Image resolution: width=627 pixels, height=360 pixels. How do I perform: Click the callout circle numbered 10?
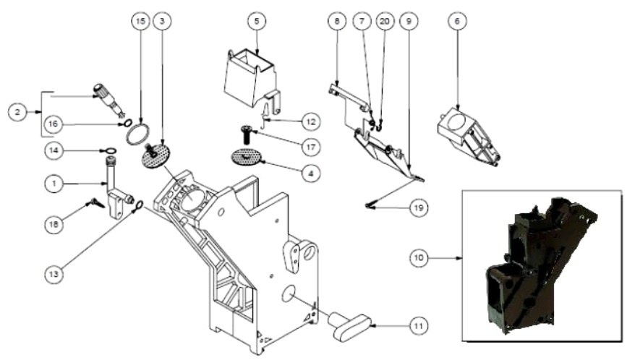coord(419,258)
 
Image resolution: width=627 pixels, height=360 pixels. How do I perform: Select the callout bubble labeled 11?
coord(418,326)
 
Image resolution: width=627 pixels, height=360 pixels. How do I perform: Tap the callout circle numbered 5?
coord(257,21)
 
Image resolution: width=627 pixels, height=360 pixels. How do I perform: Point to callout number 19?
coord(419,207)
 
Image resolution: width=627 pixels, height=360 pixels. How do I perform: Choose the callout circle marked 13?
coord(54,274)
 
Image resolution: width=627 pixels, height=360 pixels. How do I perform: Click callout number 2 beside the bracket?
coord(17,112)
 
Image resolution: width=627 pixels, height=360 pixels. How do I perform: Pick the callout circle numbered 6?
coord(458,21)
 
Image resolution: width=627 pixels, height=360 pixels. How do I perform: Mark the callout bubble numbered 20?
coord(385,21)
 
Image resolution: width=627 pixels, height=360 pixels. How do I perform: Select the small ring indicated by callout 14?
coord(108,150)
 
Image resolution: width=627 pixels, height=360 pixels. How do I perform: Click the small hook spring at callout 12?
coord(264,116)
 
